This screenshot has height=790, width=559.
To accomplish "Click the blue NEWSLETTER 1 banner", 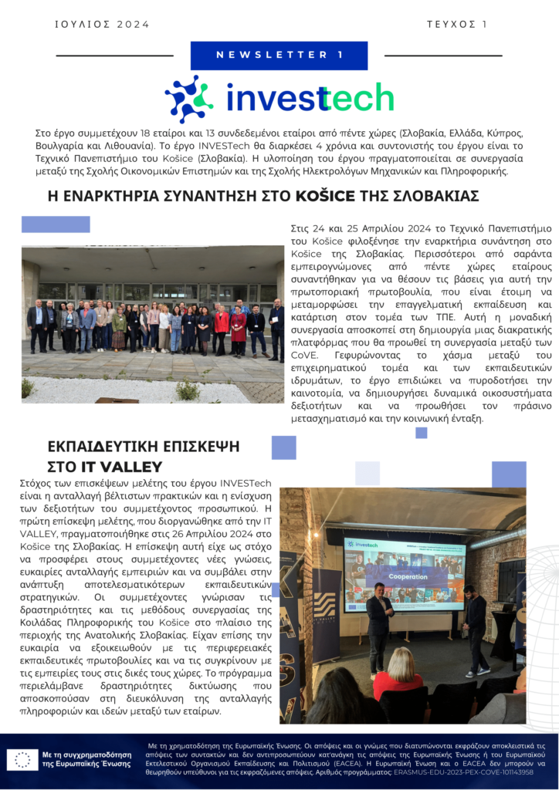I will pyautogui.click(x=279, y=55).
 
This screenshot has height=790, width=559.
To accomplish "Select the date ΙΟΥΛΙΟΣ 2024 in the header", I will pyautogui.click(x=102, y=24).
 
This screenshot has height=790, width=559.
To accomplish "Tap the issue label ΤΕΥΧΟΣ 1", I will pyautogui.click(x=456, y=24).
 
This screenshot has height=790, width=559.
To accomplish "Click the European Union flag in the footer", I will pyautogui.click(x=22, y=759).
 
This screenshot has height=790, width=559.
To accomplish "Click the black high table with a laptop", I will pyautogui.click(x=503, y=629).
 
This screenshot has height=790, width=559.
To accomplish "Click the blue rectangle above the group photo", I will pyautogui.click(x=56, y=225).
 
